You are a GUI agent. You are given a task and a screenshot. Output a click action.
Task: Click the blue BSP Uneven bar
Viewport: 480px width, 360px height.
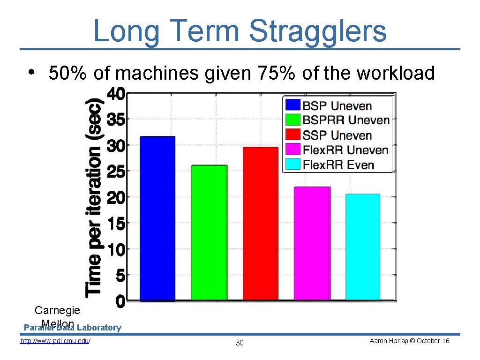click(x=157, y=218)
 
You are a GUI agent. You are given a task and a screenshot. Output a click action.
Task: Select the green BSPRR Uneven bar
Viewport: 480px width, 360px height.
click(x=209, y=232)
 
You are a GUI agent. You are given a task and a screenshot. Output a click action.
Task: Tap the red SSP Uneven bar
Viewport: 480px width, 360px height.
click(x=261, y=224)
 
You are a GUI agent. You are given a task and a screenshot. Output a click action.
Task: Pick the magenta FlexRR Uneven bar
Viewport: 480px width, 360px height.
click(x=312, y=243)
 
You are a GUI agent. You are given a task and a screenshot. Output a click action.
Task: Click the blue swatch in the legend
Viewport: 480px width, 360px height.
click(x=293, y=105)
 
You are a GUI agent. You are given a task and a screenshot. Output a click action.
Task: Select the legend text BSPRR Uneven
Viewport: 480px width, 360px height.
click(x=346, y=120)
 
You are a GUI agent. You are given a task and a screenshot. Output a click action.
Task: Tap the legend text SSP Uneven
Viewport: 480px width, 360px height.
click(x=337, y=135)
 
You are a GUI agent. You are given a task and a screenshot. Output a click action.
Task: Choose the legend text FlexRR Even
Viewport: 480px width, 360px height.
click(x=338, y=165)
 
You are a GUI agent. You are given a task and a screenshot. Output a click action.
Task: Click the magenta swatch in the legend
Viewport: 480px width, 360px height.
click(x=293, y=150)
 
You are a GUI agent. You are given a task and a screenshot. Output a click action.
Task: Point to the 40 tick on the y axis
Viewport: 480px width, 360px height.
click(x=116, y=95)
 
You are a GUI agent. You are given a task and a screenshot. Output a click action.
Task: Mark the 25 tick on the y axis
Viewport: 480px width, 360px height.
click(x=116, y=172)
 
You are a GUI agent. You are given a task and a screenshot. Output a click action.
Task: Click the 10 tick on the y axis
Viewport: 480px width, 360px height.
click(x=116, y=249)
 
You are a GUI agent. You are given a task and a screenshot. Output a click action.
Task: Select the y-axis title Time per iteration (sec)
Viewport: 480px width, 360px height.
click(x=95, y=197)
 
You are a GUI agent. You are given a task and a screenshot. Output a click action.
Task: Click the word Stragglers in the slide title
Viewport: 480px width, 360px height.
click(x=318, y=31)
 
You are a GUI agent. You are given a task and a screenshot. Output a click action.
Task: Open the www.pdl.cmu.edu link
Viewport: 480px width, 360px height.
click(x=55, y=341)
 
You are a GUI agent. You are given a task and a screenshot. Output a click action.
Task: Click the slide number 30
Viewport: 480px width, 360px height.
click(x=240, y=343)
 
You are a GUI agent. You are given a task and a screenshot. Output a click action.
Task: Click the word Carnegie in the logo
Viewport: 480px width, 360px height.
click(x=57, y=310)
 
